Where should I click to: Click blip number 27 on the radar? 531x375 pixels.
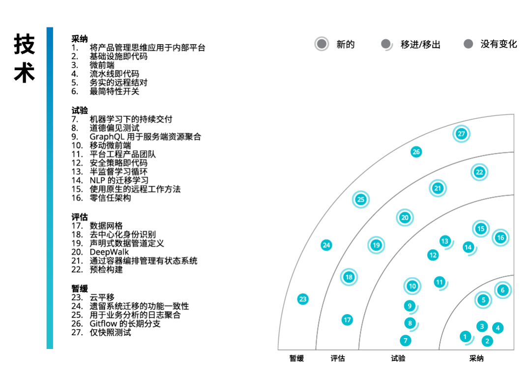pyautogui.click(x=461, y=134)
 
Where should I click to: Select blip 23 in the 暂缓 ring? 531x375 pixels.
pyautogui.click(x=303, y=299)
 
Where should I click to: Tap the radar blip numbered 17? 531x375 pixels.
pyautogui.click(x=348, y=320)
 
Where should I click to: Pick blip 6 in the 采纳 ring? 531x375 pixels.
pyautogui.click(x=502, y=290)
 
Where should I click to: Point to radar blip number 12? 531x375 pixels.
pyautogui.click(x=433, y=255)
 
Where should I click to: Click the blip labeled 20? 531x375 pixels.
pyautogui.click(x=405, y=217)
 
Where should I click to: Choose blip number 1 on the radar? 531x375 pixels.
pyautogui.click(x=465, y=337)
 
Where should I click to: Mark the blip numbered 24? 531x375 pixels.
pyautogui.click(x=326, y=245)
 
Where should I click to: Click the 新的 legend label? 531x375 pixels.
pyautogui.click(x=345, y=44)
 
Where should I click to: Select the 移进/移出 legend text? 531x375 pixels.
pyautogui.click(x=420, y=44)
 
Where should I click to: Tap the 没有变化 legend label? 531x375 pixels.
pyautogui.click(x=499, y=44)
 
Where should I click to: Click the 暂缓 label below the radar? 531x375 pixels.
pyautogui.click(x=296, y=358)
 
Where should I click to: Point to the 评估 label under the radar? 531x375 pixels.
pyautogui.click(x=338, y=358)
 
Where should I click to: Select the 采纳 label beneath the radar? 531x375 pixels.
pyautogui.click(x=476, y=358)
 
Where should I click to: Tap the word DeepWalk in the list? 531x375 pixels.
pyautogui.click(x=109, y=252)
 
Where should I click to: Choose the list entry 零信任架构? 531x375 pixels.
pyautogui.click(x=110, y=198)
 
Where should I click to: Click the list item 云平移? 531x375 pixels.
pyautogui.click(x=102, y=297)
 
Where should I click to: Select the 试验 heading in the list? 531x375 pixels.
pyautogui.click(x=80, y=111)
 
